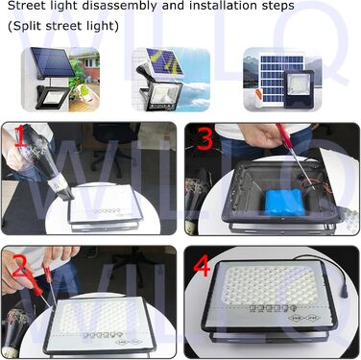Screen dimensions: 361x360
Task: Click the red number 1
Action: [x=21, y=135]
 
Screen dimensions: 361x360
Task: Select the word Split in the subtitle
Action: [x=27, y=26]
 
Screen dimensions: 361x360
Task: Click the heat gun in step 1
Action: [x=40, y=161]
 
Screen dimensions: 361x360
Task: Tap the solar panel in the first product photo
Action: [x=53, y=62]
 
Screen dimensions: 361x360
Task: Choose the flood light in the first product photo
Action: [x=51, y=98]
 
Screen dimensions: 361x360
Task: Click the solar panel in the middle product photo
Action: [x=164, y=62]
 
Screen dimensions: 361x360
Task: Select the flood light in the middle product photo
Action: [x=162, y=96]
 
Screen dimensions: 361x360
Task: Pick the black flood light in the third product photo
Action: [x=298, y=88]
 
